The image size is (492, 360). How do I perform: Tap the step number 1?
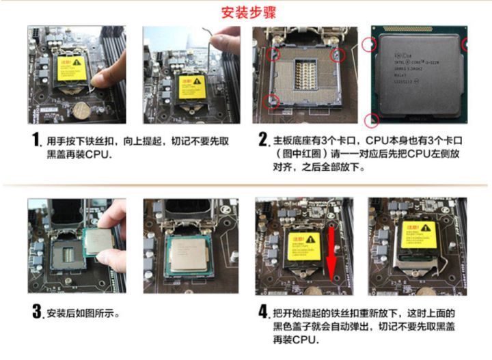[x=38, y=142]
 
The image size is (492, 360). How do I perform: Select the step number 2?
[x=263, y=142]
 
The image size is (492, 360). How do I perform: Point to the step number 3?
[x=38, y=313]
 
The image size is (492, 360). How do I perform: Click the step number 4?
[x=263, y=313]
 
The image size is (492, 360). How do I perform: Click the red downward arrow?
[x=333, y=256]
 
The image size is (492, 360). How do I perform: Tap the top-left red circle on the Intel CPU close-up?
[x=370, y=44]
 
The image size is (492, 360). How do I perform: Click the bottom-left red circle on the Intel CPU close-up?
[x=372, y=121]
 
